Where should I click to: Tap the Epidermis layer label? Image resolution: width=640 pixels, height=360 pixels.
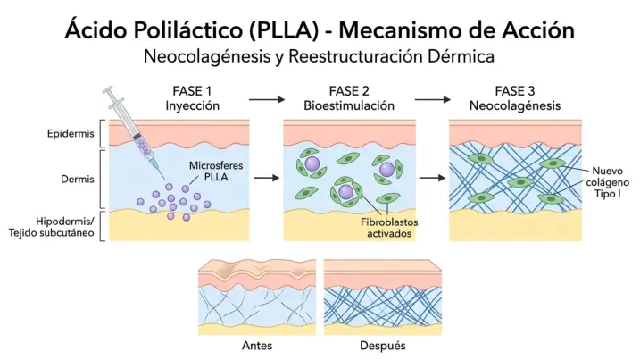click(x=71, y=134)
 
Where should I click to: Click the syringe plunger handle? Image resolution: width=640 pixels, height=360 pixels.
click(x=110, y=92)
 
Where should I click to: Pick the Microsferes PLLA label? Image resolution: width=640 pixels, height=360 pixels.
click(x=215, y=172)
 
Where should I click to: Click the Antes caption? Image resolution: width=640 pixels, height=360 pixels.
click(x=257, y=345)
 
